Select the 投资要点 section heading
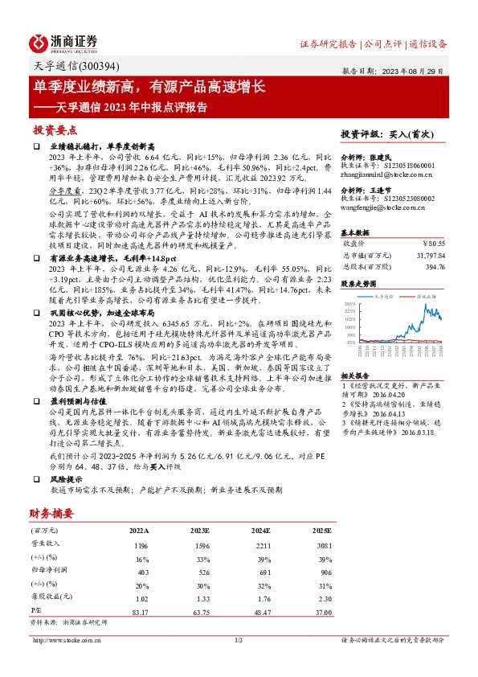(55, 129)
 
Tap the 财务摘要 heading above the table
(52, 512)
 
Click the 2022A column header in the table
(139, 531)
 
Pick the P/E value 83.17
(138, 613)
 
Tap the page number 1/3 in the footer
(238, 640)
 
